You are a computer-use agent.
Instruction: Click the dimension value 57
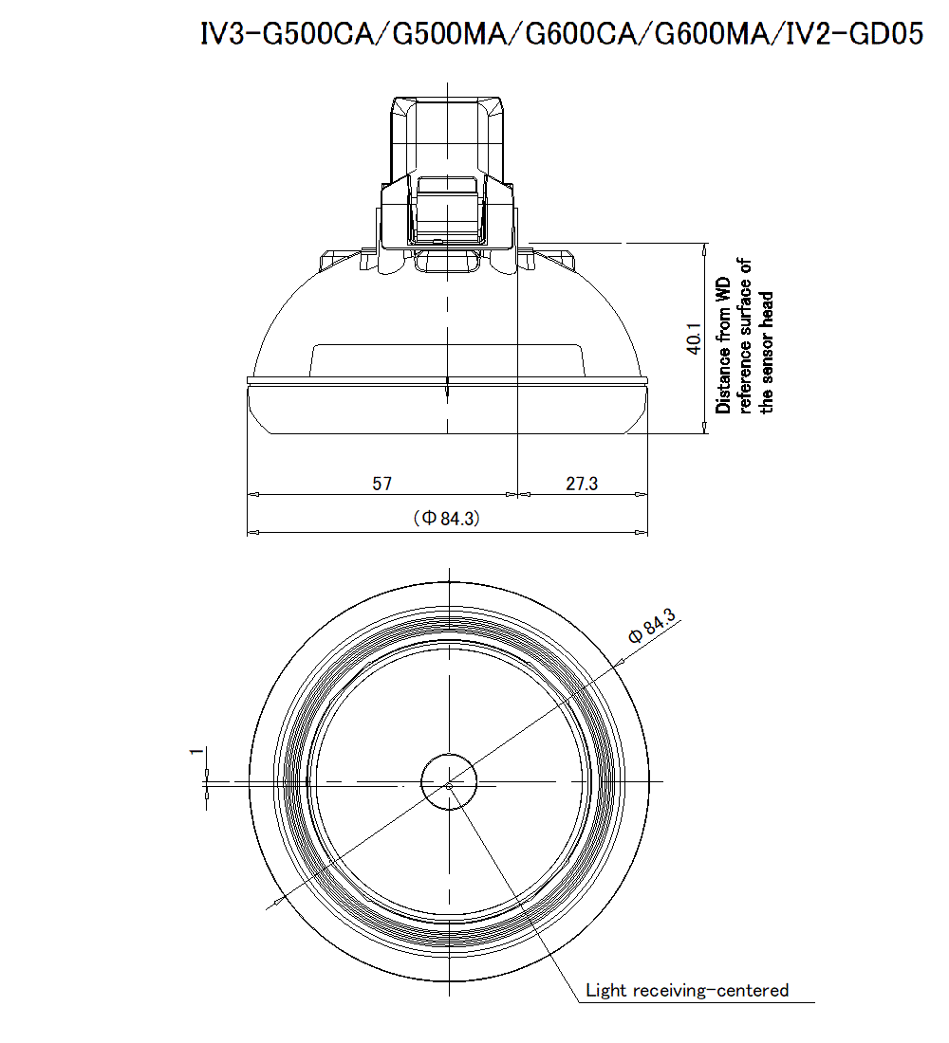click(381, 484)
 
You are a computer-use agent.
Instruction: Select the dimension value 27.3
click(582, 484)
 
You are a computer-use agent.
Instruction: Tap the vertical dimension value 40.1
click(694, 339)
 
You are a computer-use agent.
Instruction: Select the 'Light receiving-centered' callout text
click(686, 991)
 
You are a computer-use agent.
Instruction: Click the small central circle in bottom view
click(448, 783)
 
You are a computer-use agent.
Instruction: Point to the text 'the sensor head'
click(768, 352)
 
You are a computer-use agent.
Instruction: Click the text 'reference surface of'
click(746, 337)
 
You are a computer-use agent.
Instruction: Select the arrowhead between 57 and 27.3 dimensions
click(516, 494)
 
